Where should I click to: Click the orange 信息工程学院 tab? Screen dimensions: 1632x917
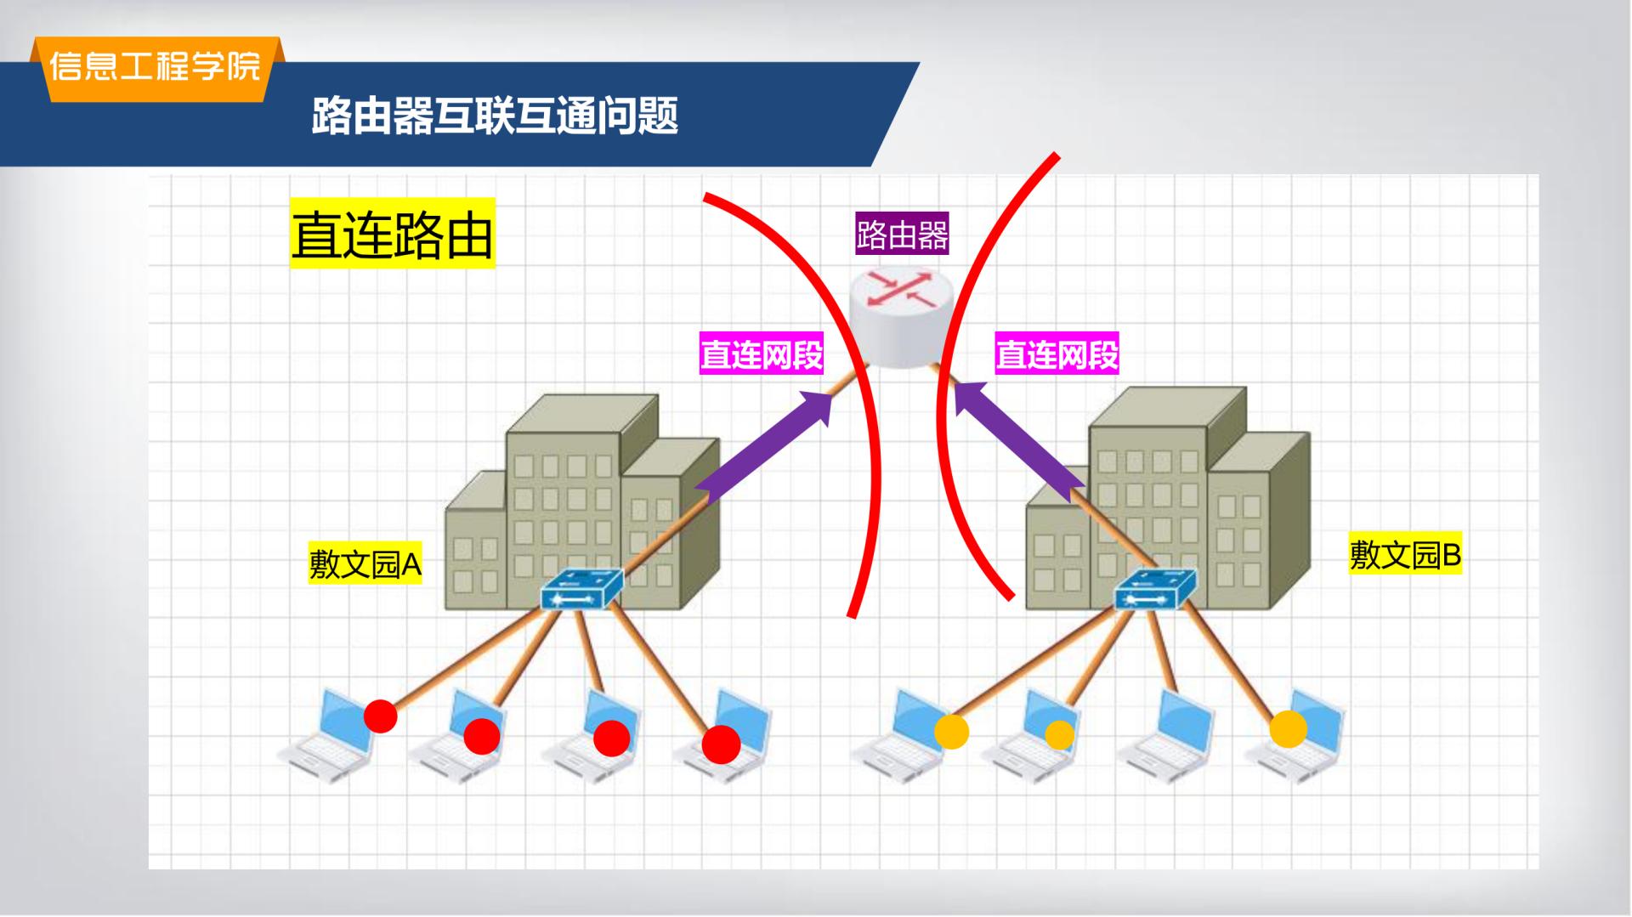pos(156,69)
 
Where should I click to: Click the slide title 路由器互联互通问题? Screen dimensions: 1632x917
pos(495,116)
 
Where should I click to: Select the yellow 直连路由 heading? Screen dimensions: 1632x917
pos(392,234)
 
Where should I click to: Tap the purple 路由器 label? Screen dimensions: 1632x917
pos(902,235)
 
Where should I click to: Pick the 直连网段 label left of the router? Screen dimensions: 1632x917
pos(762,354)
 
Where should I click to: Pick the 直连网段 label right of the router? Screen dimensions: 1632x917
pos(1057,354)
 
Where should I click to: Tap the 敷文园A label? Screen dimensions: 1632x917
pos(365,563)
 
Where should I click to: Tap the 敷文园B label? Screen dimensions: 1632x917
pos(1405,555)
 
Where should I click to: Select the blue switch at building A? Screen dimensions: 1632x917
pos(582,589)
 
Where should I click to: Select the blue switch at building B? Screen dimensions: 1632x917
pos(1155,589)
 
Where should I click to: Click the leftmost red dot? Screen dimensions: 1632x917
pos(380,716)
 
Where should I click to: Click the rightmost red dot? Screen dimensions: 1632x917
pos(721,745)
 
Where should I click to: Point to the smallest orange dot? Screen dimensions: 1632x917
pos(1059,734)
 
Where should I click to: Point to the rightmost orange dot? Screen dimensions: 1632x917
pos(1288,729)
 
